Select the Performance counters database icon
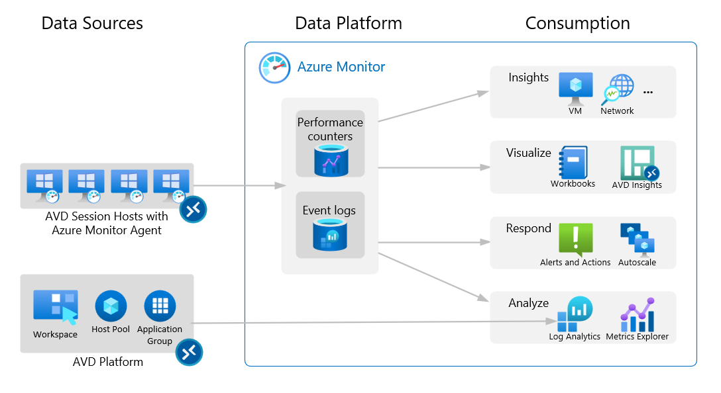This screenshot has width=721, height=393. click(x=330, y=161)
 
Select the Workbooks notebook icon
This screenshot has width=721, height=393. click(x=573, y=162)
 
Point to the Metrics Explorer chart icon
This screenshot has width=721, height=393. click(x=638, y=315)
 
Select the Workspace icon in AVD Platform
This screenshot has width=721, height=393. click(x=56, y=308)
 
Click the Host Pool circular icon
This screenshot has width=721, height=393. click(x=111, y=306)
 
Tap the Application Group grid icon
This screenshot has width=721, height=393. click(x=160, y=306)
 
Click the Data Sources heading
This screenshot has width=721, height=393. click(x=92, y=23)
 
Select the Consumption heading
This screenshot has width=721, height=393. click(x=577, y=23)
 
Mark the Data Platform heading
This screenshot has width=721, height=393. click(x=348, y=23)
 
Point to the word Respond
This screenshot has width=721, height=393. click(x=528, y=228)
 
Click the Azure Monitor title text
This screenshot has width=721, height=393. click(x=341, y=67)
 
